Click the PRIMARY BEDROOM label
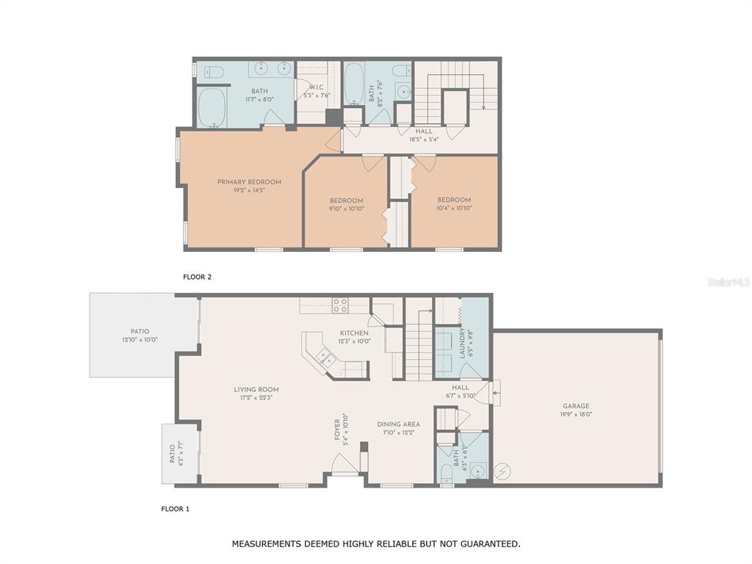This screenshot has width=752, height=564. coord(249,182)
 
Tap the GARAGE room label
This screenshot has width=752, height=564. coord(576,405)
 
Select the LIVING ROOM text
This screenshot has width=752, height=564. coord(256,389)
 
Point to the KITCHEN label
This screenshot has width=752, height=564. coord(355,333)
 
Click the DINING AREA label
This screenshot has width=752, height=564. coord(399,424)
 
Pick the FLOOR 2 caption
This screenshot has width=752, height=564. coord(197,277)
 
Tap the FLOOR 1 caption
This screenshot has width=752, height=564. coord(175,509)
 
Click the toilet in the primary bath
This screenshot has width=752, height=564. coord(214,72)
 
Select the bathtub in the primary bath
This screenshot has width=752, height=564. coord(212,107)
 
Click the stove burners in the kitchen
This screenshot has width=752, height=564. coord(340,305)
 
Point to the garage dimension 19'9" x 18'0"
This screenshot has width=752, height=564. coord(576,414)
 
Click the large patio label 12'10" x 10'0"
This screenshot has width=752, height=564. coord(140,339)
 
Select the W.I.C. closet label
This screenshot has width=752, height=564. coord(316,87)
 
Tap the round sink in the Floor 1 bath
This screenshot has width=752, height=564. coord(477,471)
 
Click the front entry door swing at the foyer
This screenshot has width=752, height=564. coord(344,464)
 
